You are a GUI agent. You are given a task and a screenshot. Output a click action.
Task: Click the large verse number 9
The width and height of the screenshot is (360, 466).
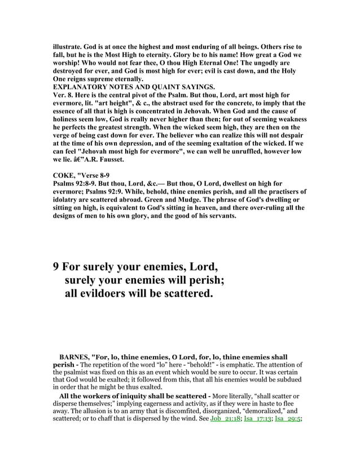[x=56, y=266]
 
